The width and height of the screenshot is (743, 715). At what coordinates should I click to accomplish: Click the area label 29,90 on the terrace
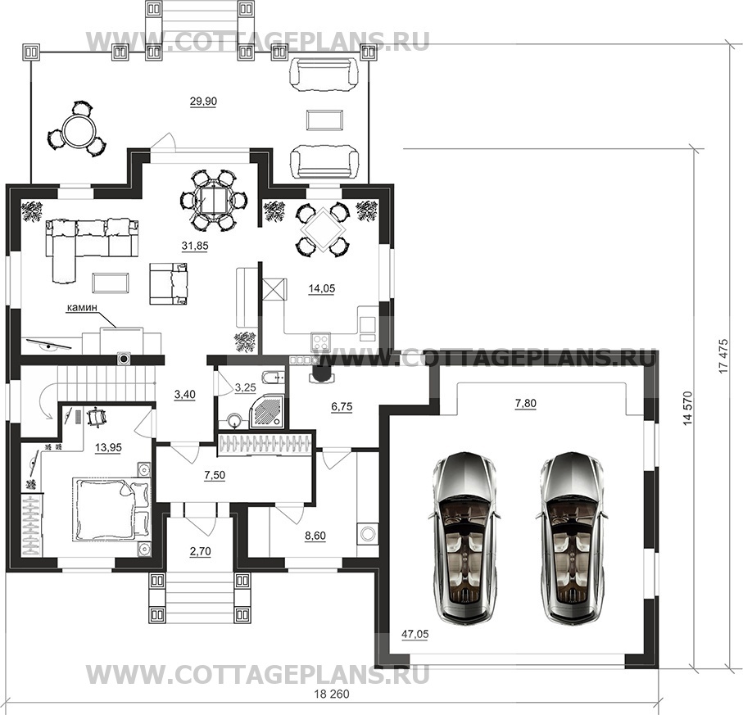(x=203, y=102)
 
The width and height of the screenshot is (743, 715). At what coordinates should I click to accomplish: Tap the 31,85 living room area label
(x=195, y=246)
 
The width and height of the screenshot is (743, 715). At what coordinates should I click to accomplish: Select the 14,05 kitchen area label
(x=322, y=288)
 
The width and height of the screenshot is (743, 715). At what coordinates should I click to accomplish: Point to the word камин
(x=81, y=307)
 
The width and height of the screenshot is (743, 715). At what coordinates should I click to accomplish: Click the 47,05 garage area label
(x=415, y=635)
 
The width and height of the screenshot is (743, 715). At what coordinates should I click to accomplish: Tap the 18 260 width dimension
(x=332, y=695)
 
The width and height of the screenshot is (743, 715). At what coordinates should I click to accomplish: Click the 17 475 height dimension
(x=723, y=355)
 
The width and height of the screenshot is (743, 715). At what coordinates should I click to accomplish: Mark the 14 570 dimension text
(x=688, y=409)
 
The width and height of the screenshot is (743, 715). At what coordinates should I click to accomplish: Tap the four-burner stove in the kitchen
(x=321, y=342)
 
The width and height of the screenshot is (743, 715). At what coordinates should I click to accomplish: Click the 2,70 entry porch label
(x=202, y=551)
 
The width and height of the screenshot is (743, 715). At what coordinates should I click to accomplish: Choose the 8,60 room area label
(x=315, y=536)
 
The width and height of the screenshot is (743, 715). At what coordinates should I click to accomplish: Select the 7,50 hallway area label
(x=214, y=475)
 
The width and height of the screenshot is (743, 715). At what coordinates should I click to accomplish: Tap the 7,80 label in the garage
(x=525, y=404)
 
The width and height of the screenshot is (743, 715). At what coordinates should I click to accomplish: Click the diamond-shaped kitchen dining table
(x=322, y=230)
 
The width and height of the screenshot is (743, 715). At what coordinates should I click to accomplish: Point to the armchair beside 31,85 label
(x=169, y=283)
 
